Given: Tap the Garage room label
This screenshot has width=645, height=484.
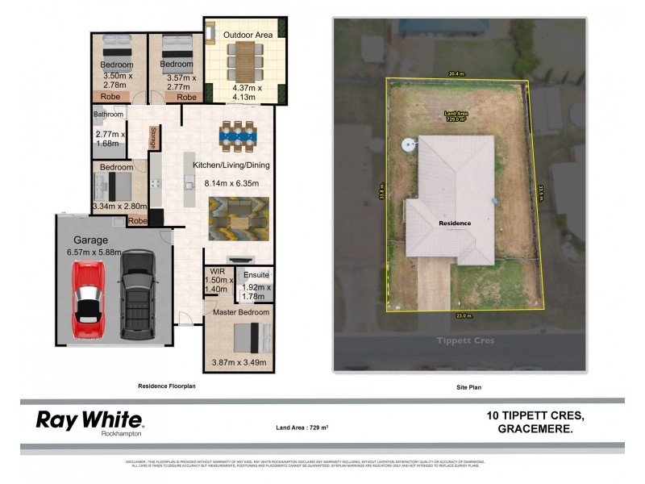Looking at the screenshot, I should (x=91, y=240).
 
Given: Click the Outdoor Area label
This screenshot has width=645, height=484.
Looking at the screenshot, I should (x=248, y=35).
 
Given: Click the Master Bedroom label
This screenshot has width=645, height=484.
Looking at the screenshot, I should (x=239, y=311).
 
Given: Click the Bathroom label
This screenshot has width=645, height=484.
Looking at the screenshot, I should (x=109, y=115).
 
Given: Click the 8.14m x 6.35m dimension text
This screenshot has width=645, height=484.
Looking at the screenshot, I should (x=231, y=184).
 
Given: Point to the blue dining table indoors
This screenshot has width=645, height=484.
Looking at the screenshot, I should (x=237, y=138).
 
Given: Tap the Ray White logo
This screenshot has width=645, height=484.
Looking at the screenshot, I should (x=89, y=419).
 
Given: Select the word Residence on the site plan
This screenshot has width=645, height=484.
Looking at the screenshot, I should (x=454, y=222).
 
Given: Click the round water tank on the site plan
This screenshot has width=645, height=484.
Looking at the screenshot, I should (x=409, y=145).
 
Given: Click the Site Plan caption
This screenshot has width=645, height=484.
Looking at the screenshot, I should (x=469, y=387).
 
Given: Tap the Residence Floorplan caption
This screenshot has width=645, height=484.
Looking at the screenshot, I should (x=167, y=386).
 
